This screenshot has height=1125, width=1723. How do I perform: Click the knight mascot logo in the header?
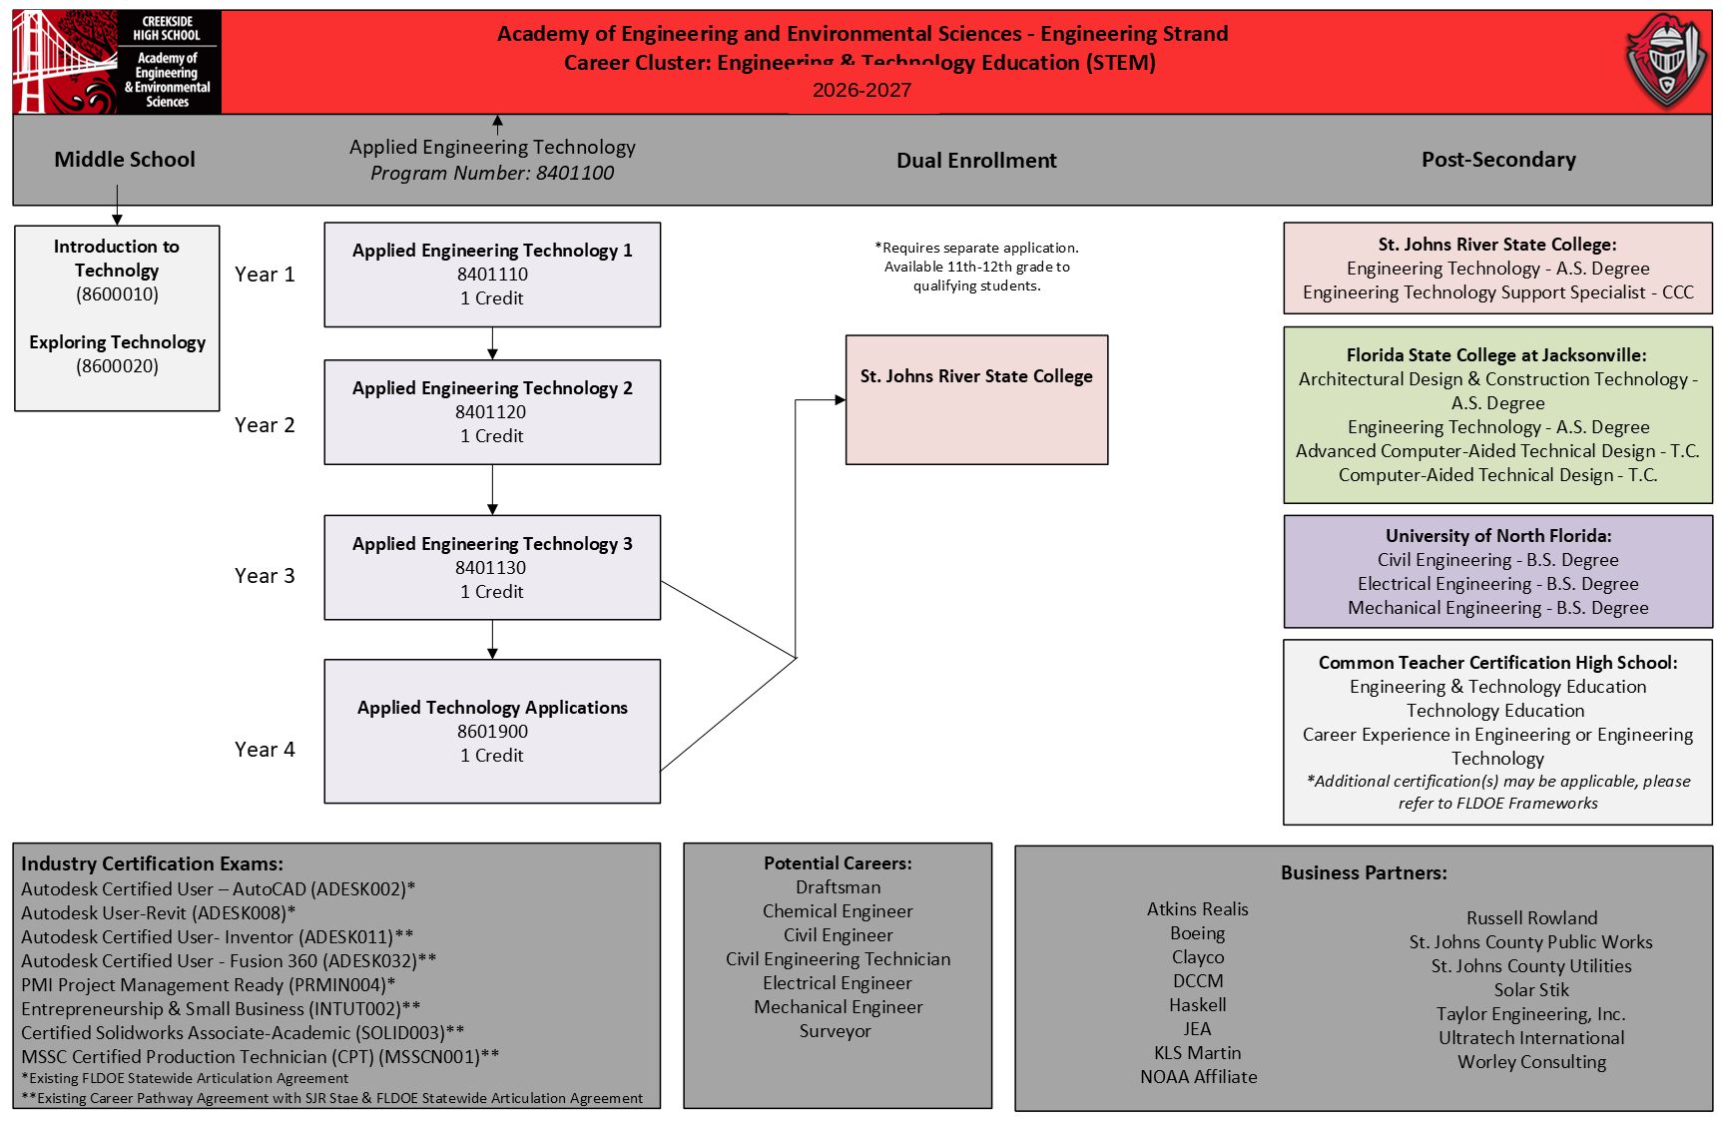coord(1665,61)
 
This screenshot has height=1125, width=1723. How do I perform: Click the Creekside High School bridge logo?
coord(117,62)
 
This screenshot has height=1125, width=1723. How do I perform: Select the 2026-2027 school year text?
coord(861,90)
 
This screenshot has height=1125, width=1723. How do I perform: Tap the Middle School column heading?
coord(125,160)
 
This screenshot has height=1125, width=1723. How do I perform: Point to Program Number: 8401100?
coord(492,173)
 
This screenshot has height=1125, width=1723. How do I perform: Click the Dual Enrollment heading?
coord(976,161)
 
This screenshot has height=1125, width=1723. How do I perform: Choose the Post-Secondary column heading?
coord(1498,160)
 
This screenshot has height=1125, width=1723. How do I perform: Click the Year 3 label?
coord(265,576)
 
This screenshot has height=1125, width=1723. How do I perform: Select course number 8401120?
coord(490,412)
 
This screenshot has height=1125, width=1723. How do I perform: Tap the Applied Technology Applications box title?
coord(492,708)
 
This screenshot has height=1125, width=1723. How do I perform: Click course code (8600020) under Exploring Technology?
coord(117,366)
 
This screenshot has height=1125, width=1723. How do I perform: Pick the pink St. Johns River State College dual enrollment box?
coord(976,399)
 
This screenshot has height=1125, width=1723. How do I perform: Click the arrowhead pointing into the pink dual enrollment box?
coord(841,400)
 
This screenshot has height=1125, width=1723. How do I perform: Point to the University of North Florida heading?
coord(1498,536)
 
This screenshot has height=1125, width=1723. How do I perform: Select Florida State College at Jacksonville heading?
coord(1496,355)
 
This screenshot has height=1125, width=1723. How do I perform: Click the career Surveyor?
coord(836,1031)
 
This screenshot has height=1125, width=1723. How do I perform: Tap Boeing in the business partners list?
coord(1197,933)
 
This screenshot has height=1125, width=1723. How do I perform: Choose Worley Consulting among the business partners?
coord(1531,1062)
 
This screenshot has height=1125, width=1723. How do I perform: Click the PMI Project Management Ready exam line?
coord(209,985)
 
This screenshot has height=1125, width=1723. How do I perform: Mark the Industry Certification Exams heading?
coord(152,863)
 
